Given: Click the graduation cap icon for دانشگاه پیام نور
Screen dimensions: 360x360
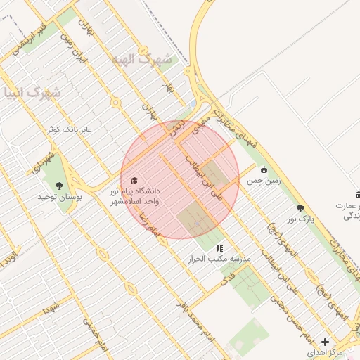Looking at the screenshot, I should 134,181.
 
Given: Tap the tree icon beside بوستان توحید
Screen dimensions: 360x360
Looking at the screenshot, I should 59,186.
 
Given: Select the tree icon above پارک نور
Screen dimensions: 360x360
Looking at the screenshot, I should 301,208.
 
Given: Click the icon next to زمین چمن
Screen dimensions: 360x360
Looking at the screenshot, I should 264,169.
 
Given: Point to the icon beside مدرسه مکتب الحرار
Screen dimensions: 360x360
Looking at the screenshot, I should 219,248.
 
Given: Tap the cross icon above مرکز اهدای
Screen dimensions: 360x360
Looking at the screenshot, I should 324,341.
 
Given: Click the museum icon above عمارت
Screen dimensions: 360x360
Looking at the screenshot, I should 359,194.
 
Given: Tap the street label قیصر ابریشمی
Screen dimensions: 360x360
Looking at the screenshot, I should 28,44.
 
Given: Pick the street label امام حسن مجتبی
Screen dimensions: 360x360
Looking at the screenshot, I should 285,300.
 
